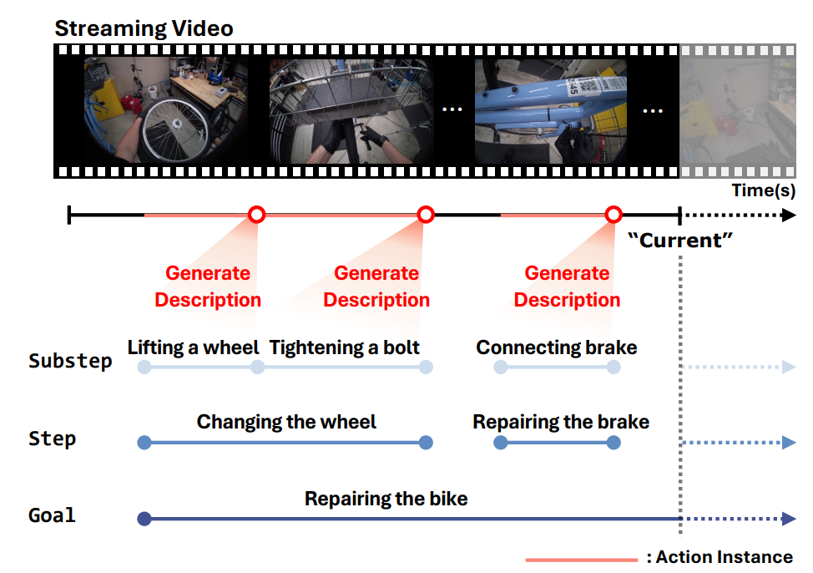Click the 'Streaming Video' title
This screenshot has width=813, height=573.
pyautogui.click(x=144, y=28)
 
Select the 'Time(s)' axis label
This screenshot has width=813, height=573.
pyautogui.click(x=763, y=190)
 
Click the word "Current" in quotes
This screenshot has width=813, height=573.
pyautogui.click(x=679, y=241)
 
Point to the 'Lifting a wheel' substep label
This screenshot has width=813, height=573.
pyautogui.click(x=193, y=347)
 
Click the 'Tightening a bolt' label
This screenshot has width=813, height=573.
pyautogui.click(x=345, y=347)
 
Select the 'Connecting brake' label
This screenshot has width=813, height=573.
pyautogui.click(x=556, y=347)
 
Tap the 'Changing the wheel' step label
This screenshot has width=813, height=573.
pyautogui.click(x=286, y=422)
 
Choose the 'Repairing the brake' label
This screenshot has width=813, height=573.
pyautogui.click(x=561, y=422)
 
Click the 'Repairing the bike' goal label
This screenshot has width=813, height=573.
pyautogui.click(x=386, y=499)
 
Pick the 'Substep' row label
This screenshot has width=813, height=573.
pyautogui.click(x=70, y=362)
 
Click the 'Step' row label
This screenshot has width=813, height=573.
pyautogui.click(x=52, y=439)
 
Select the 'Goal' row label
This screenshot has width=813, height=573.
pyautogui.click(x=52, y=515)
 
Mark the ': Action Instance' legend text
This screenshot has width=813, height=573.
pyautogui.click(x=719, y=556)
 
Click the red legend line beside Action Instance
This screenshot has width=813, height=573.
pyautogui.click(x=581, y=559)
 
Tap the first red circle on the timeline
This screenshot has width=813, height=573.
pyautogui.click(x=257, y=215)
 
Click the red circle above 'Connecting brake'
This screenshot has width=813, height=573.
pyautogui.click(x=614, y=215)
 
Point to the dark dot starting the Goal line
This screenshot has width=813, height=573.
pyautogui.click(x=144, y=519)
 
